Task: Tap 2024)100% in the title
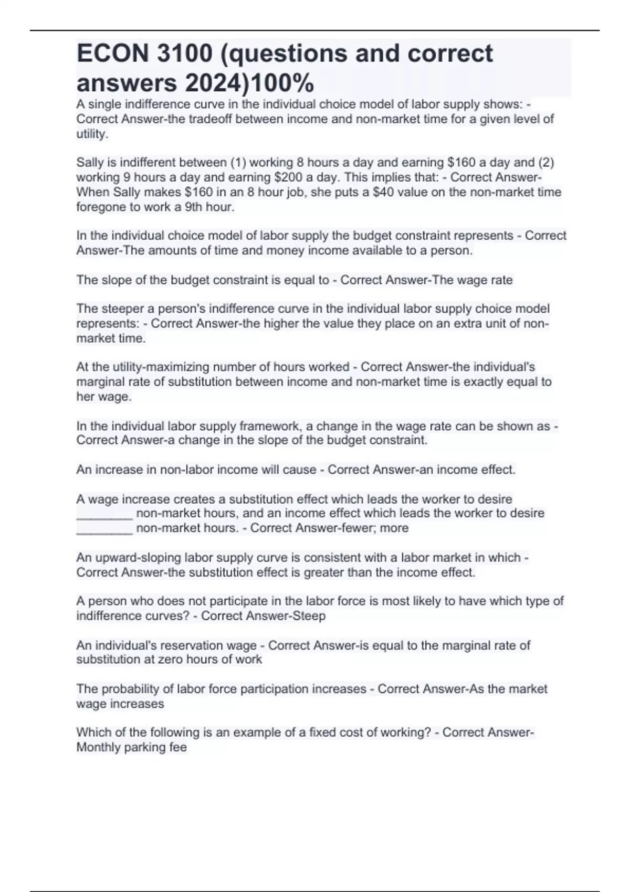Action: click(249, 83)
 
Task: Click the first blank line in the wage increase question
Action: click(104, 514)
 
